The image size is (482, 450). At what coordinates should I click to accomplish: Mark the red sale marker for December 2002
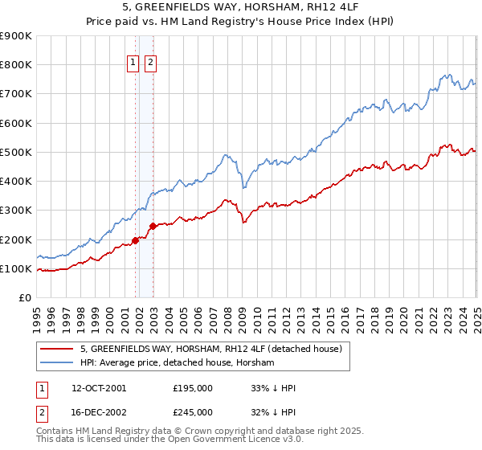point(153,227)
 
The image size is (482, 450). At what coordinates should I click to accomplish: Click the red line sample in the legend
point(57,349)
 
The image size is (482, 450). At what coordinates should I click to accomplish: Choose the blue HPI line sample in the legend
point(57,362)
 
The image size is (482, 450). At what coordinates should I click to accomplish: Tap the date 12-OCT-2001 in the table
point(99,388)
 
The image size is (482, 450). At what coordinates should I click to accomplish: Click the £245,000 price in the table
point(193,412)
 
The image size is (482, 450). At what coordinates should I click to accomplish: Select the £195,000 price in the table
point(193,388)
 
